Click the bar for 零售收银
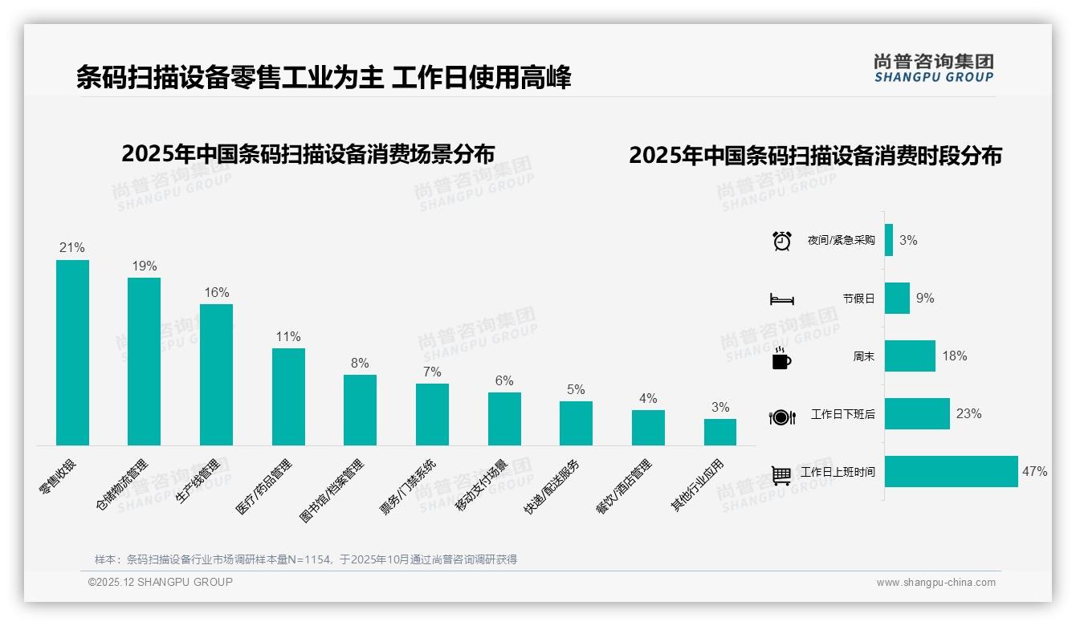tap(72, 352)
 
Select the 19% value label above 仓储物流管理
tap(145, 266)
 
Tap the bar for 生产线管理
tap(216, 374)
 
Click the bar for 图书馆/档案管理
tap(360, 409)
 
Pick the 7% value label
tap(432, 372)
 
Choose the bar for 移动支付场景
tap(504, 418)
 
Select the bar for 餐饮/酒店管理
tap(648, 427)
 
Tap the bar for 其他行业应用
tap(720, 432)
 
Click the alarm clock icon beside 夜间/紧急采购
tap(782, 241)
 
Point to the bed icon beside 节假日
tap(782, 299)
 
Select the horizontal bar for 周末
tap(910, 356)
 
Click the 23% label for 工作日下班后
tap(969, 414)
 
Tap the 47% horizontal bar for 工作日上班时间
tap(952, 472)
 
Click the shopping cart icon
tap(781, 474)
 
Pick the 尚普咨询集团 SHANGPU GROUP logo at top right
tap(934, 68)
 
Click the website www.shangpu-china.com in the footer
tap(935, 583)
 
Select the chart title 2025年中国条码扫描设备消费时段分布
tap(815, 156)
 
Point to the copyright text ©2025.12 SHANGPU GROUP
tap(161, 582)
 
